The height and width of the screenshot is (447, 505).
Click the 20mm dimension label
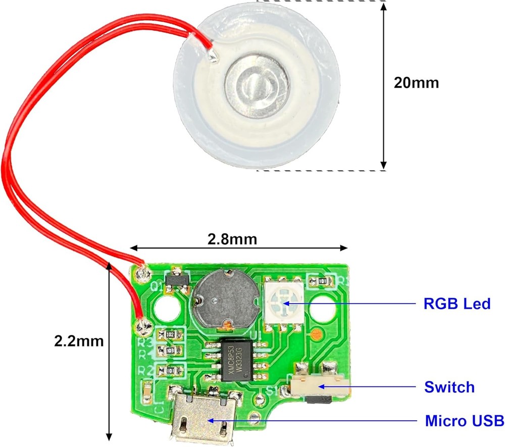(417, 82)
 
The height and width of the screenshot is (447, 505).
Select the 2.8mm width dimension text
(232, 238)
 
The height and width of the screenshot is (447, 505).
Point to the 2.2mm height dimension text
(79, 341)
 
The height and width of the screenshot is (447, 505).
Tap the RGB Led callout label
(457, 304)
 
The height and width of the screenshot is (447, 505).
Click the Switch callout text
(449, 387)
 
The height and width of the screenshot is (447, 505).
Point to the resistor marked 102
(170, 334)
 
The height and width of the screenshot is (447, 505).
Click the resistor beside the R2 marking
(170, 370)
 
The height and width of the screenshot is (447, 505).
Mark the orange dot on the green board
(316, 334)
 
